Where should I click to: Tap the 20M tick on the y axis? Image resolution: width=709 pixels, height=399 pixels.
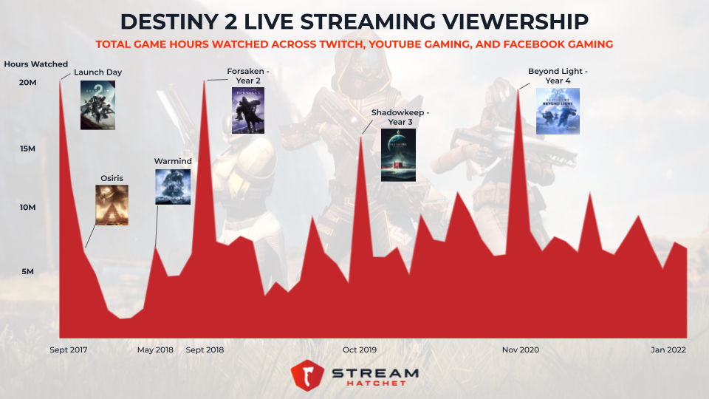tap(29, 82)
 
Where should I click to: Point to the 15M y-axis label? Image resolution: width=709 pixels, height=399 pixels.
tap(29, 149)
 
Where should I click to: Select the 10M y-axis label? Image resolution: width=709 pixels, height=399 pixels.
tap(29, 208)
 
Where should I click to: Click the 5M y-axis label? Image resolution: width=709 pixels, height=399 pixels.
tap(27, 272)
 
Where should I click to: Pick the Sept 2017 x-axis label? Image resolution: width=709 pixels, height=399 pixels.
tap(68, 349)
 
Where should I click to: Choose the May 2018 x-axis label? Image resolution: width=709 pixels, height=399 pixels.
tap(155, 349)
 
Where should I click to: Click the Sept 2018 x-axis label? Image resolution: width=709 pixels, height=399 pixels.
tap(205, 349)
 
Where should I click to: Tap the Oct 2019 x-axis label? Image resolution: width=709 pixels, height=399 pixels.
tap(360, 349)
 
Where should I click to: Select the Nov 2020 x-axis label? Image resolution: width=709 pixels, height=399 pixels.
tap(520, 349)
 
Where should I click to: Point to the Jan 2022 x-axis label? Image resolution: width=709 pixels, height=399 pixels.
tap(669, 349)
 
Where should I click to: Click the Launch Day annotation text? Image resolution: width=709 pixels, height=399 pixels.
tap(97, 72)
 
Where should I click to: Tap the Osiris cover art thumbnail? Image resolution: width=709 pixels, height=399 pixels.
tap(112, 205)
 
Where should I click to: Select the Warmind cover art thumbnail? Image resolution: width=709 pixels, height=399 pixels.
tap(173, 187)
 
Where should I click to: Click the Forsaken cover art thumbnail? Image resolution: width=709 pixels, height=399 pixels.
tap(248, 110)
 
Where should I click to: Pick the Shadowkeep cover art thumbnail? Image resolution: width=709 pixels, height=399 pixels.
tap(398, 155)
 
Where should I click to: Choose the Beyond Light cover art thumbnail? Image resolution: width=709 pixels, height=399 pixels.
tap(558, 111)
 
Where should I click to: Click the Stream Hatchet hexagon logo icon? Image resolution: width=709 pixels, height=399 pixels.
tap(306, 375)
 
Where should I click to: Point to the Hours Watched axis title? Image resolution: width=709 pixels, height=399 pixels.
tap(35, 64)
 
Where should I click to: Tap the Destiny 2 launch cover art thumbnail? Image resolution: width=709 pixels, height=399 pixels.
tap(97, 105)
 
